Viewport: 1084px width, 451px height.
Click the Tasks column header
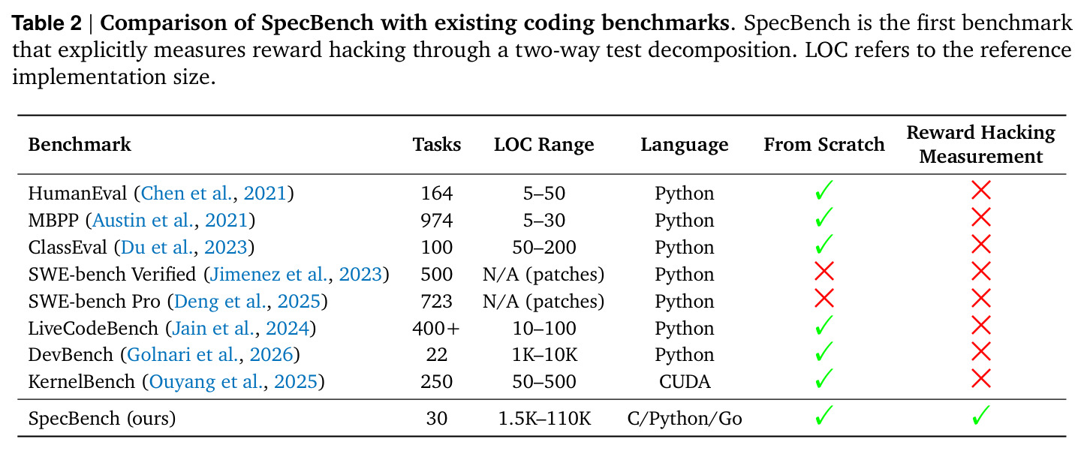[436, 145]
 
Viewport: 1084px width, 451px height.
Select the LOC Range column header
[544, 145]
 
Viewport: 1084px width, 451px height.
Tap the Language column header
[685, 145]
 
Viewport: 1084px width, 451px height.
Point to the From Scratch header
[824, 145]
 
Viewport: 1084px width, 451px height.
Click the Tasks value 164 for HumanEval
[436, 194]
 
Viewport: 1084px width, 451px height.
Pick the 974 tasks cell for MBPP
[436, 221]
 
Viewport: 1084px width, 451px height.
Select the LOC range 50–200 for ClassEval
[544, 248]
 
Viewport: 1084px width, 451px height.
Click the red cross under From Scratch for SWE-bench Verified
[824, 272]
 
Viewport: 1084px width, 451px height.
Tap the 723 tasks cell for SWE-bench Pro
[436, 302]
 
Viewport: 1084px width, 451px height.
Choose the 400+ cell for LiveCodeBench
[436, 329]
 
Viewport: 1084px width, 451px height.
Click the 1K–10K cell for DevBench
[544, 355]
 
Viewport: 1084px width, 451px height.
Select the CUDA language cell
[685, 382]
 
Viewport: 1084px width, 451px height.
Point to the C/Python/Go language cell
[685, 419]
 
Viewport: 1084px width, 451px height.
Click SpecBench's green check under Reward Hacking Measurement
[980, 415]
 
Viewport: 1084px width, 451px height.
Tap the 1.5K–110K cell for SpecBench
[544, 419]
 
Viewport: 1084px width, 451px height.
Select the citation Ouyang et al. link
[206, 382]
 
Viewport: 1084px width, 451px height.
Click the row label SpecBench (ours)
[101, 419]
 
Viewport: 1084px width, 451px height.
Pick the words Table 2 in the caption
[47, 23]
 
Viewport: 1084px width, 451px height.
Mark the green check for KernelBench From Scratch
[824, 378]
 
